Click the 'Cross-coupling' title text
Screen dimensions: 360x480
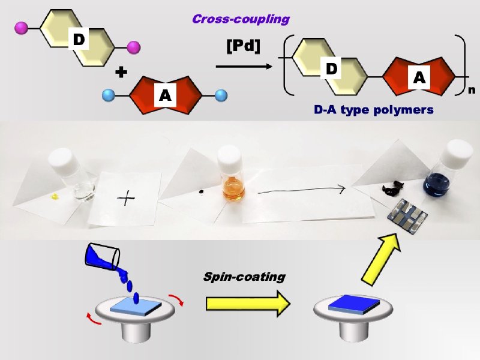pos(241,19)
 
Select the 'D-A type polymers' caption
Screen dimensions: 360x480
pos(374,110)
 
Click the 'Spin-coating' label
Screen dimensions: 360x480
pos(244,277)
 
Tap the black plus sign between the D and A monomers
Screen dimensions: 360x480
pos(122,73)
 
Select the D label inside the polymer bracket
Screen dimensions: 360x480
pos(332,68)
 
